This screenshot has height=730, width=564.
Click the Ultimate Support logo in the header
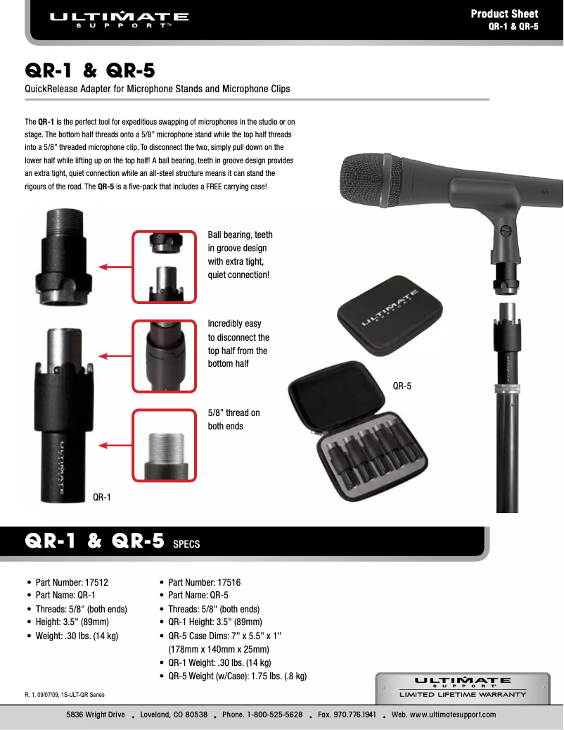119,18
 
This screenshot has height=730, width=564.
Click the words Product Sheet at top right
504,13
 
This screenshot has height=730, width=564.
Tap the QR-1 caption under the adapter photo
103,498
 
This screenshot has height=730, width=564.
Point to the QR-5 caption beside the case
402,386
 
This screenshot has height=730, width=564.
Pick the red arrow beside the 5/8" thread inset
114,445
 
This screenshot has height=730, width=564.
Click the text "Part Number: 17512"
72,583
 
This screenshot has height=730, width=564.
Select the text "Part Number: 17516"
204,583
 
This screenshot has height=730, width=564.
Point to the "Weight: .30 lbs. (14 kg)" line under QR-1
77,636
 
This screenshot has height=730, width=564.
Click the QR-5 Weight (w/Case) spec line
237,676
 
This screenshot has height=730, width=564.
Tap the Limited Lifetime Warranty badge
463,688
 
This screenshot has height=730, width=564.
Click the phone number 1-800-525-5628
262,715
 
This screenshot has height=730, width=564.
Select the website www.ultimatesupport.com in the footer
444,715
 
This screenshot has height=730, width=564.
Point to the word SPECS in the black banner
186,544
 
